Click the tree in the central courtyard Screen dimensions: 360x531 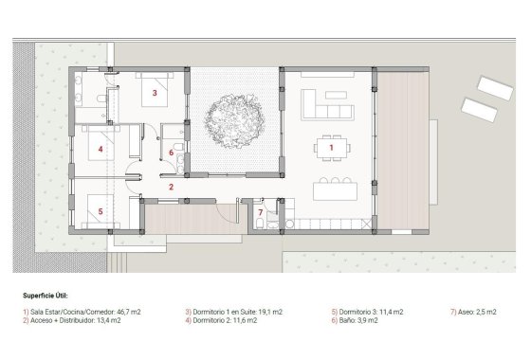click(233, 119)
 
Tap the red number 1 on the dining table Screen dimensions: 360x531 click(331, 148)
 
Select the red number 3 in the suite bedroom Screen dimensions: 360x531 click(154, 93)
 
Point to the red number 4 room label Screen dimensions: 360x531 click(100, 150)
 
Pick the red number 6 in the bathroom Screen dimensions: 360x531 click(171, 152)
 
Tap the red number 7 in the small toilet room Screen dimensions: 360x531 click(260, 212)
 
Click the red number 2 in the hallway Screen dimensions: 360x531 click(171, 187)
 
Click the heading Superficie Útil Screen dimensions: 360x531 click(45, 296)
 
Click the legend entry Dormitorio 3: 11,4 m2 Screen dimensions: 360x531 click(367, 311)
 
